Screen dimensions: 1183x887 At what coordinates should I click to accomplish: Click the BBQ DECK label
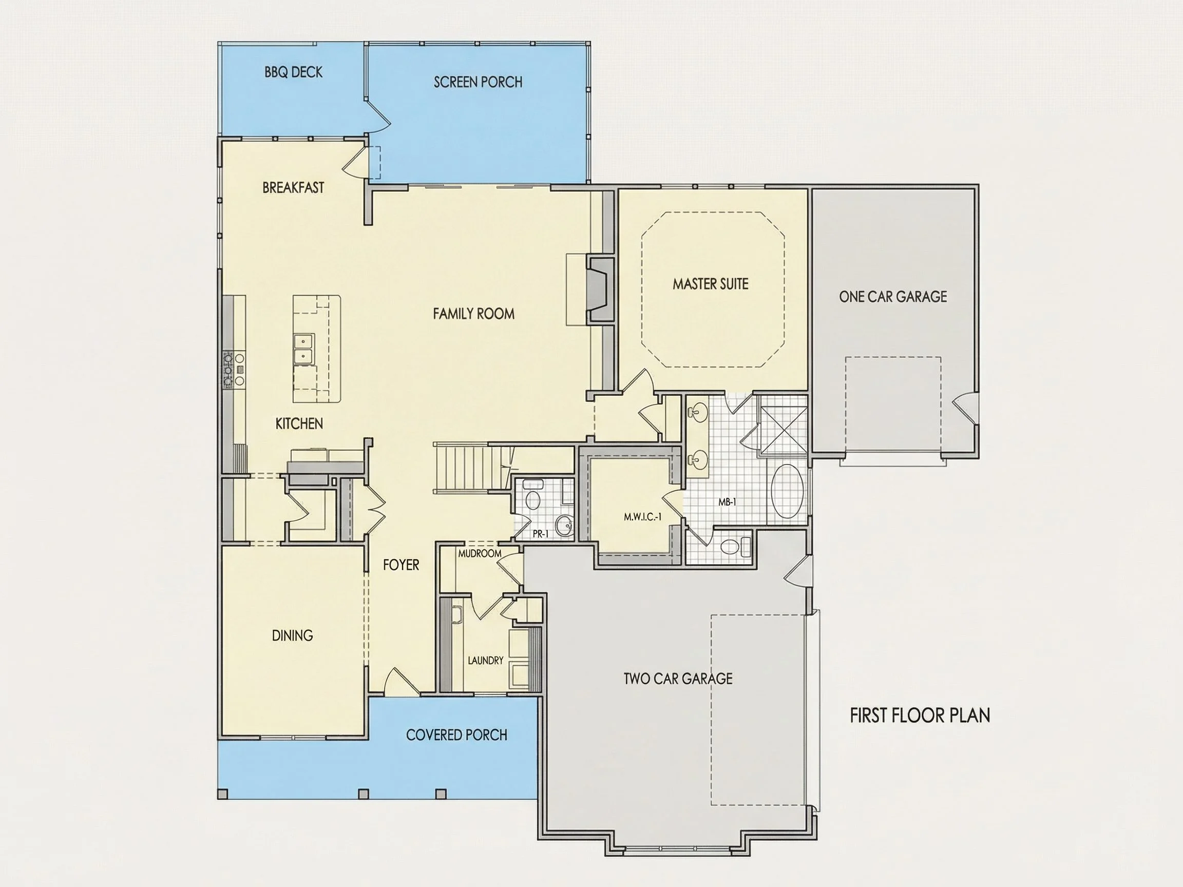pos(294,72)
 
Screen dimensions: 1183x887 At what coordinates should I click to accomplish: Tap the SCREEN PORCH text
pos(478,82)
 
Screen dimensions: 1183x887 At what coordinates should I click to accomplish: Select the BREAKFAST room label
pos(293,188)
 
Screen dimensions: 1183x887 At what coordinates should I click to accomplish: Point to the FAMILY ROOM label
pos(473,313)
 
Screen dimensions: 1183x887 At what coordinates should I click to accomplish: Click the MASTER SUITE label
pos(710,284)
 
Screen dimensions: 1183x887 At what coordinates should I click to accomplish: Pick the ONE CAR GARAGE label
pos(892,297)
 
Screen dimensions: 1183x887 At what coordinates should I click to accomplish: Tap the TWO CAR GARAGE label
pos(678,679)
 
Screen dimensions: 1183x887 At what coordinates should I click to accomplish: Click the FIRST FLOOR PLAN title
pos(920,716)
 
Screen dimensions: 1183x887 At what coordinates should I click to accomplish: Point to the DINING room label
pos(292,635)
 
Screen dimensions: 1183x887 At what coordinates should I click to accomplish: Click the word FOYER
pos(400,565)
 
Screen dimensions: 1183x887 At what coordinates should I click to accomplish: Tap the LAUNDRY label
pos(485,660)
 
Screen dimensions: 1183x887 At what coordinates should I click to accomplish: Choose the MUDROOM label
pos(480,553)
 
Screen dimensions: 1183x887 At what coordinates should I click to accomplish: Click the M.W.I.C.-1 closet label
pos(642,517)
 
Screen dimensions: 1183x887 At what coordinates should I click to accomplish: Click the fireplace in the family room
pos(600,290)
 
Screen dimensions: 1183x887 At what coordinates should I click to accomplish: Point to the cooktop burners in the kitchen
pos(234,369)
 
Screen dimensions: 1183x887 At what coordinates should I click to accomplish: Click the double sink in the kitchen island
pos(304,349)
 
